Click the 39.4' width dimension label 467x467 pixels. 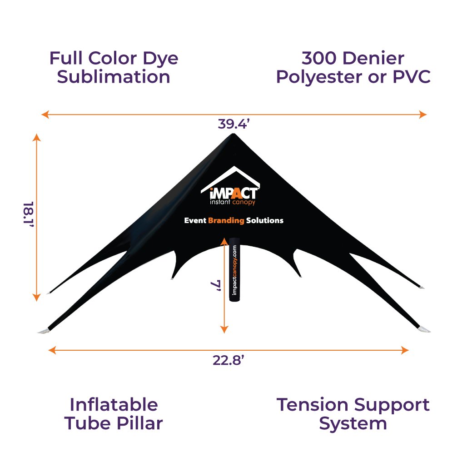pos(233,124)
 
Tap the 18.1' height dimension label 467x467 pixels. pos(29,214)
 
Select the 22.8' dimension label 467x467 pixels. pos(229,360)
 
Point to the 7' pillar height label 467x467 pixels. pos(216,286)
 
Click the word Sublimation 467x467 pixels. pos(114,77)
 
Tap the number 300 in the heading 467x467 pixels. pos(319,58)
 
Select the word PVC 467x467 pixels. pos(412,77)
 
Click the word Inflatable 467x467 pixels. pos(114,404)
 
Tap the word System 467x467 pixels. pos(353,424)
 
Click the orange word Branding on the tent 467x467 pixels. pos(226,220)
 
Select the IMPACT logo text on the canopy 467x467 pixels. pos(233,193)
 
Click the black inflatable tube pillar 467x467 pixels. pos(234,269)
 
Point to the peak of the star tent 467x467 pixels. pos(233,134)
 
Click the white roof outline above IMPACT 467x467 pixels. pos(230,178)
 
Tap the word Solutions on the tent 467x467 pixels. pos(265,220)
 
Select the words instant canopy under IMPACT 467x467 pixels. pos(233,202)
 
